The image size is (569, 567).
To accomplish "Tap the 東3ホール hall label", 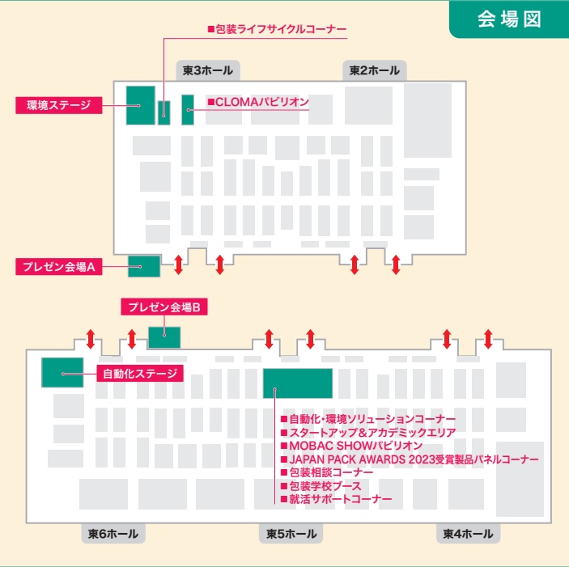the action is coord(208,71).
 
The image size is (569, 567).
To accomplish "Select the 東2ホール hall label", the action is coord(375,71).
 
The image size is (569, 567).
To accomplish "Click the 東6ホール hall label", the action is coord(113,534).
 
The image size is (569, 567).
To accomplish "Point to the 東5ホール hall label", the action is coord(291,534).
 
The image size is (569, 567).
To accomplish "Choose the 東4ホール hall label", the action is coord(468,534).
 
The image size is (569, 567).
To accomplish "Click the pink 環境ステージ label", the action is coord(58,105).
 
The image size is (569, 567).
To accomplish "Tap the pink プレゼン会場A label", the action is coord(59,266).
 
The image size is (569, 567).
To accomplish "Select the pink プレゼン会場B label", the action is coord(165,307).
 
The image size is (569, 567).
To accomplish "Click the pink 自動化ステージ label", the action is coord(140,374).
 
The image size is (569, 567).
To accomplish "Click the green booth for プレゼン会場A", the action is coord(144,265).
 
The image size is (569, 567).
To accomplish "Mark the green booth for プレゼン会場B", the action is coord(164,336).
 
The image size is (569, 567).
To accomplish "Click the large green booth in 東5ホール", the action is coord(298,383).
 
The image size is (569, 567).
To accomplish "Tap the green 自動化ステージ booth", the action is coord(62,371).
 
